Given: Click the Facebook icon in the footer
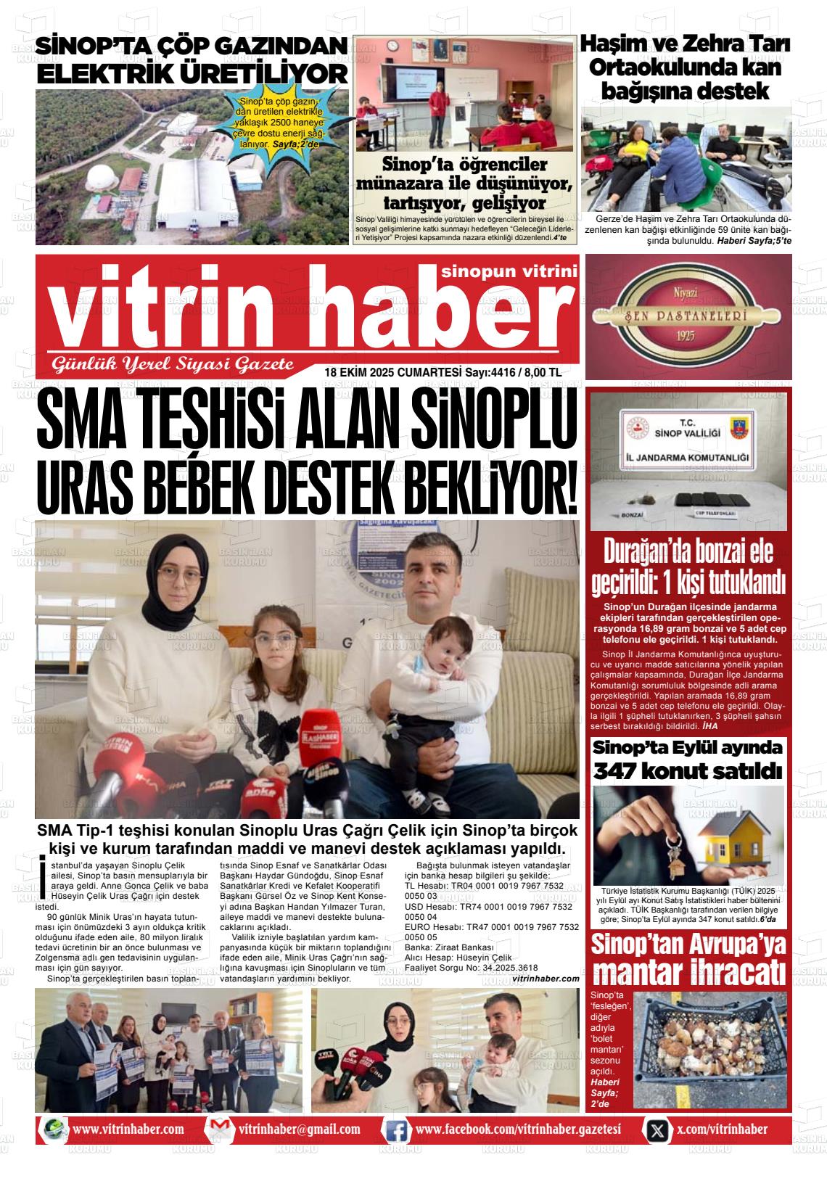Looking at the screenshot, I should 397,1130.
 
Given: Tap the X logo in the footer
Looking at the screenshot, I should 657,1130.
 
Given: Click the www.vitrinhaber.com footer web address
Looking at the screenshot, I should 128,1129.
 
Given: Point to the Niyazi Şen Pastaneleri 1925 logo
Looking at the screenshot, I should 687,316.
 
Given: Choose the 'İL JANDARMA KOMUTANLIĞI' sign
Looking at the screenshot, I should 687,458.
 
